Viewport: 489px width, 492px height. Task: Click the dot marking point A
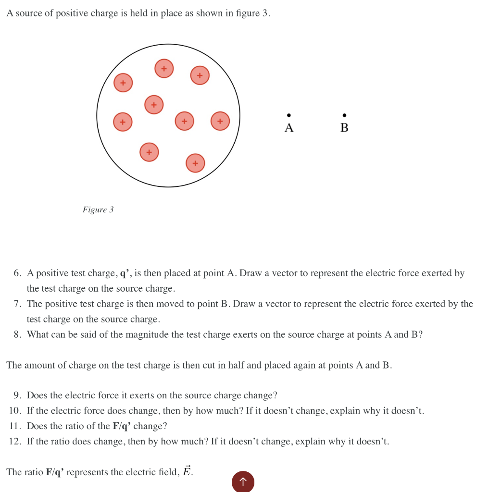click(288, 115)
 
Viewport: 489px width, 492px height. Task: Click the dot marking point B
click(344, 115)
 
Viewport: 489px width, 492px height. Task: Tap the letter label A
click(288, 128)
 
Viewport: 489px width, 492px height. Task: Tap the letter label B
click(344, 128)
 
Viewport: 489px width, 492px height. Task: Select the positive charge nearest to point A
click(220, 121)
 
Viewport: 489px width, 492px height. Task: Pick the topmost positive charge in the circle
click(164, 69)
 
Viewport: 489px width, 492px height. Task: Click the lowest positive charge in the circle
click(195, 163)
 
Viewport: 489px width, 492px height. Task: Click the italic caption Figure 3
click(98, 210)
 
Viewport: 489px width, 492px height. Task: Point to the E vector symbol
click(187, 471)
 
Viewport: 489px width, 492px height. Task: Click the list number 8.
click(17, 335)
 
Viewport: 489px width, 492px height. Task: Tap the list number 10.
click(15, 411)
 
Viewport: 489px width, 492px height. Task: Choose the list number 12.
click(15, 442)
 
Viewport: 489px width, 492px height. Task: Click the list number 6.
click(17, 273)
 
